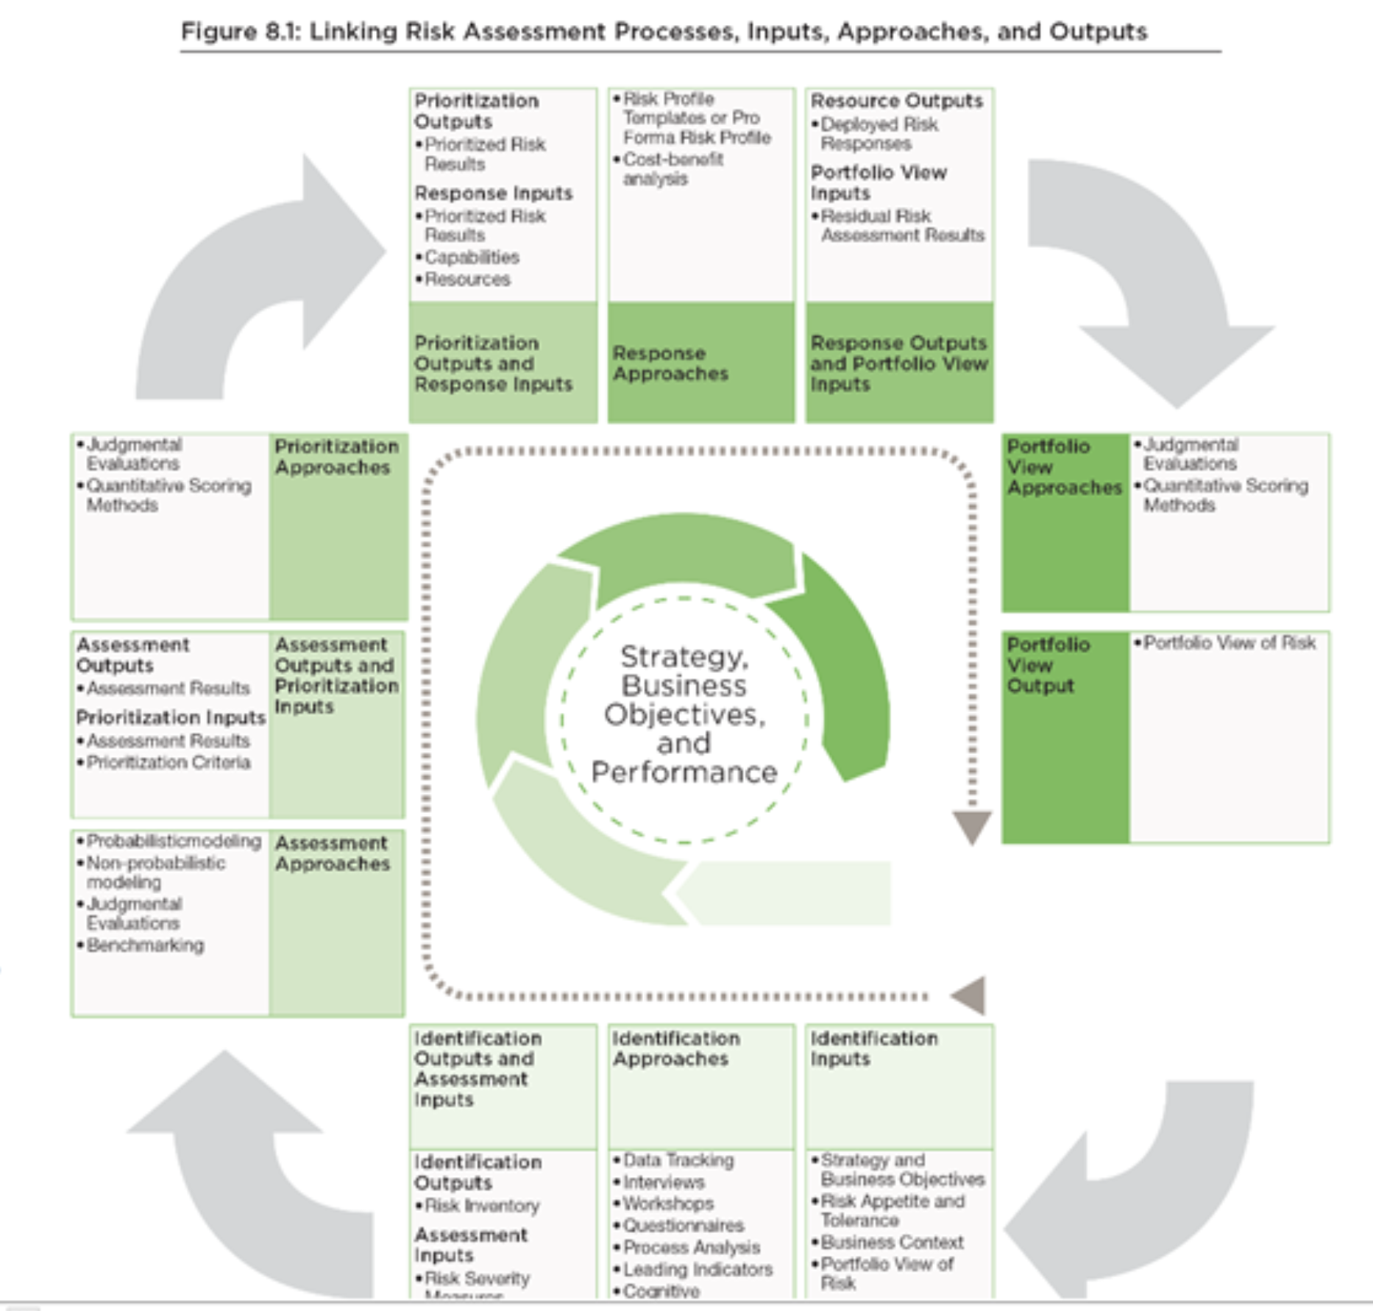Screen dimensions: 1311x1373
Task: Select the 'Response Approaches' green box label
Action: pos(670,363)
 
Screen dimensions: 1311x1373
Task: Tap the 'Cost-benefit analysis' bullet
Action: pos(671,169)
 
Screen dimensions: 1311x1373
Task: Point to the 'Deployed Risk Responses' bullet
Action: pos(878,134)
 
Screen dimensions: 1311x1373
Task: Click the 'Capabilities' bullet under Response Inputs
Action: pos(471,257)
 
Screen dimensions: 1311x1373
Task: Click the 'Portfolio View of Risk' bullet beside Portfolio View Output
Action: pos(1229,643)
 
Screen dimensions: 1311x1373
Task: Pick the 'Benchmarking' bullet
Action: pos(144,945)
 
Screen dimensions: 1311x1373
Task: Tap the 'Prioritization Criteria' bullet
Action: pos(168,762)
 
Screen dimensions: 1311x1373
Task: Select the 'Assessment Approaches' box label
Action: pos(332,853)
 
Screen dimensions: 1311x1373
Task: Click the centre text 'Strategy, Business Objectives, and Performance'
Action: pos(684,714)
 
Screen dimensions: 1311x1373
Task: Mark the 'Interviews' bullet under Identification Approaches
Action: pos(663,1182)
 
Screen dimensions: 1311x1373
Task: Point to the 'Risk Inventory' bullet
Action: pos(481,1206)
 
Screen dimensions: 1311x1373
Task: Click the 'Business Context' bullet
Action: pos(891,1243)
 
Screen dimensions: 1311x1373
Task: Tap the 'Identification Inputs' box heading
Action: pos(873,1048)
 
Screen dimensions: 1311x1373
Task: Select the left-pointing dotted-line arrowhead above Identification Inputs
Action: pos(968,996)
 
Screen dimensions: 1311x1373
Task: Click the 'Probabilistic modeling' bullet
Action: pos(173,841)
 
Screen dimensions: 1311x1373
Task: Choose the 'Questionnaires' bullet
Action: pos(683,1226)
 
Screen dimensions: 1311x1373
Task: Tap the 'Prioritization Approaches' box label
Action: pos(336,457)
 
